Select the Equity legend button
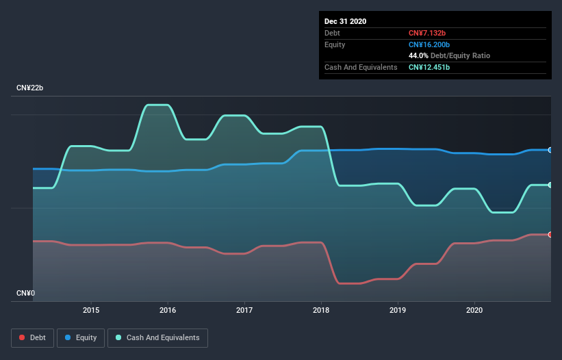tap(81, 337)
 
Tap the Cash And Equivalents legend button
tap(157, 337)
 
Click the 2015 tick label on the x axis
tap(91, 310)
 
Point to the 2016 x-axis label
tap(168, 310)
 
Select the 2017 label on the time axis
tap(244, 310)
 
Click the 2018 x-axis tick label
tap(321, 310)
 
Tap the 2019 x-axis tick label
tap(398, 310)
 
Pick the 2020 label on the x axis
tap(474, 310)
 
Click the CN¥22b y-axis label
tap(30, 88)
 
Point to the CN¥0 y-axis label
tap(27, 293)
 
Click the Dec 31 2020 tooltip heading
tap(346, 21)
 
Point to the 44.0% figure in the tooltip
tap(419, 55)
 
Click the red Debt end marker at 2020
tap(550, 235)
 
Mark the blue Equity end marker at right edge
tap(550, 150)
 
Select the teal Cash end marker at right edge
tap(550, 185)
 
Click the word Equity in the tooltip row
tap(335, 44)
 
